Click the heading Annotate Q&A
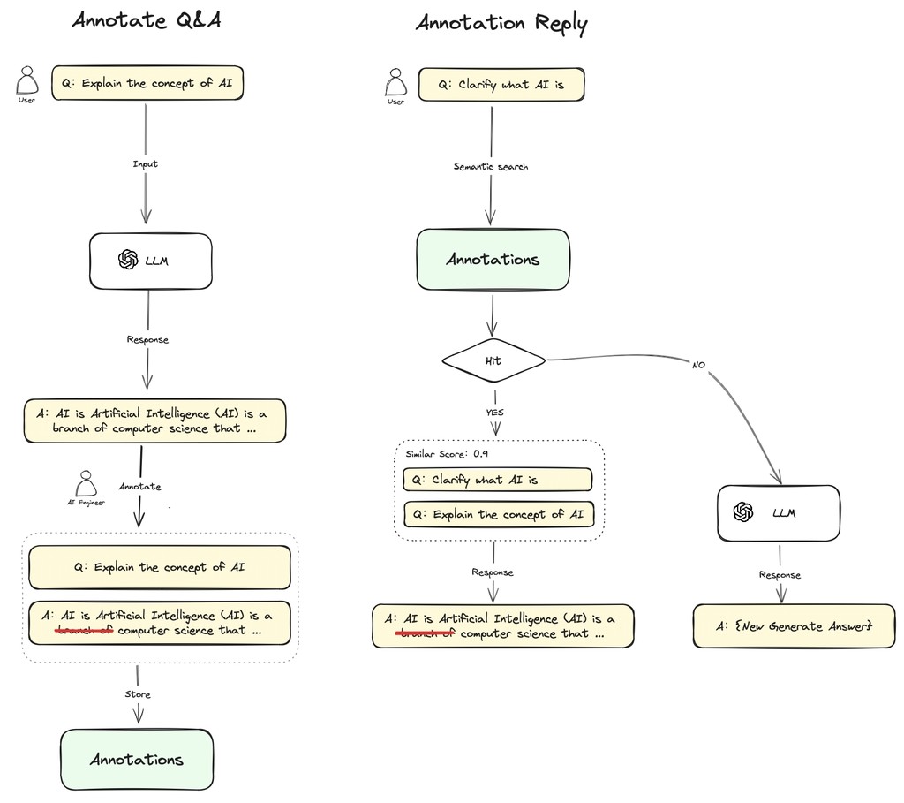coord(146,19)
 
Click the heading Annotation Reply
coord(501,22)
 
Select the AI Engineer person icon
coord(86,484)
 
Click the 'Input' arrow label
coord(145,164)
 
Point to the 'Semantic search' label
coord(491,166)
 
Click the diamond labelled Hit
coord(493,360)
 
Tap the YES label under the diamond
coord(494,412)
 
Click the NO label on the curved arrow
coord(697,364)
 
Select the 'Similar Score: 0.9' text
coord(447,453)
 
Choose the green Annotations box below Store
coord(137,760)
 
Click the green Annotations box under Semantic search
coord(493,260)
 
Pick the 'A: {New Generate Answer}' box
coord(794,626)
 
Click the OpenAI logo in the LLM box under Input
coord(128,260)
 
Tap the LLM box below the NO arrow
coord(778,512)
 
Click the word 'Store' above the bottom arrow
coord(137,694)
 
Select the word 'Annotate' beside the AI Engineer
coord(140,486)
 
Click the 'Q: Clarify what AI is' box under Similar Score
coord(497,480)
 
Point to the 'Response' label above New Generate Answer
coord(780,575)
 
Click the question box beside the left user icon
coord(147,84)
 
